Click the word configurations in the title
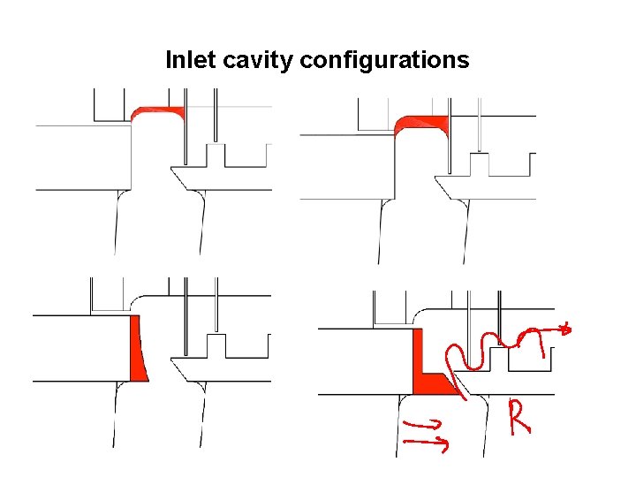click(x=384, y=60)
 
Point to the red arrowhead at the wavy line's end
click(x=566, y=330)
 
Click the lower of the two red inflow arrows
click(x=427, y=442)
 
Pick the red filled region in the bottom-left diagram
click(x=137, y=349)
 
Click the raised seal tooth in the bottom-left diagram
click(x=216, y=345)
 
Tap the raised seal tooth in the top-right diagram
click(x=479, y=164)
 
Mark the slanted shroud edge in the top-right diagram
click(x=443, y=186)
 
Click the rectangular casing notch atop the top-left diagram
click(x=111, y=106)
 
